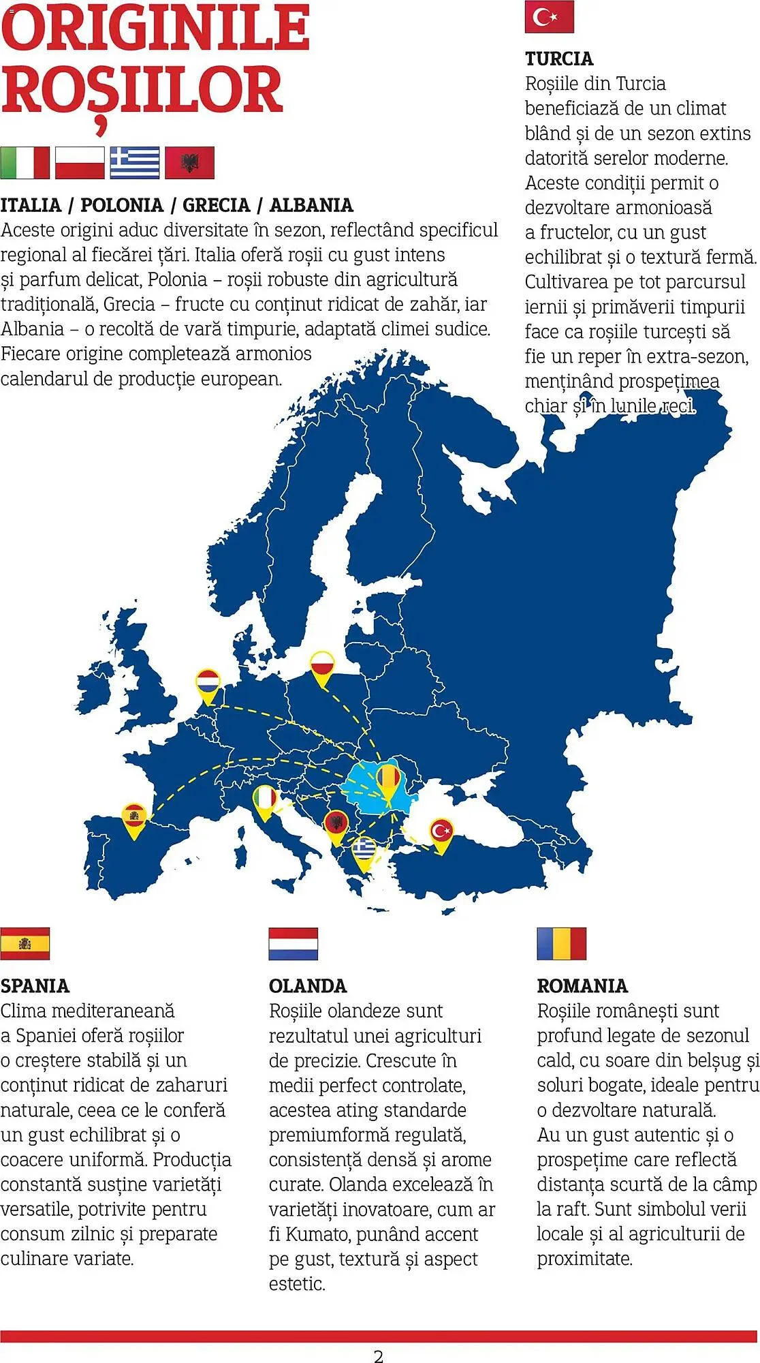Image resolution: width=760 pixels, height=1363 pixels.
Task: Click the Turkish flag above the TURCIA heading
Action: [x=549, y=17]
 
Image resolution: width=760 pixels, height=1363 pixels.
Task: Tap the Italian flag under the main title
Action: [x=25, y=163]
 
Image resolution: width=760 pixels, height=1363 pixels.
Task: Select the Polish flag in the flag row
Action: [x=80, y=163]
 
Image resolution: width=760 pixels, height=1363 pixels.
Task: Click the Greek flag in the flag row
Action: [x=135, y=163]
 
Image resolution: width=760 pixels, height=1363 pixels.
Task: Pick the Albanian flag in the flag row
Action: [x=190, y=163]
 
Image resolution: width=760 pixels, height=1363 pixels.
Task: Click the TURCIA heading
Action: [x=559, y=59]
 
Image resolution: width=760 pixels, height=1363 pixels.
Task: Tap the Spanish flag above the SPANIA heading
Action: [x=25, y=943]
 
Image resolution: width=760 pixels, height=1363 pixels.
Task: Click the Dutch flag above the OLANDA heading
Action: [x=293, y=943]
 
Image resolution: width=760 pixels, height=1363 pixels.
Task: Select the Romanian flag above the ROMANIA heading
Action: [x=561, y=943]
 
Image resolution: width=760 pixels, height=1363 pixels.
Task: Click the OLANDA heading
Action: [x=308, y=986]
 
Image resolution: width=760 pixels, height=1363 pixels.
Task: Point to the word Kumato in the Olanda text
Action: [x=317, y=1234]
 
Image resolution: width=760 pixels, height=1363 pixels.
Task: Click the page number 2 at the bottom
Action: [x=379, y=1356]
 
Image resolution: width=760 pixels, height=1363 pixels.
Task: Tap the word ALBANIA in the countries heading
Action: [x=311, y=205]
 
